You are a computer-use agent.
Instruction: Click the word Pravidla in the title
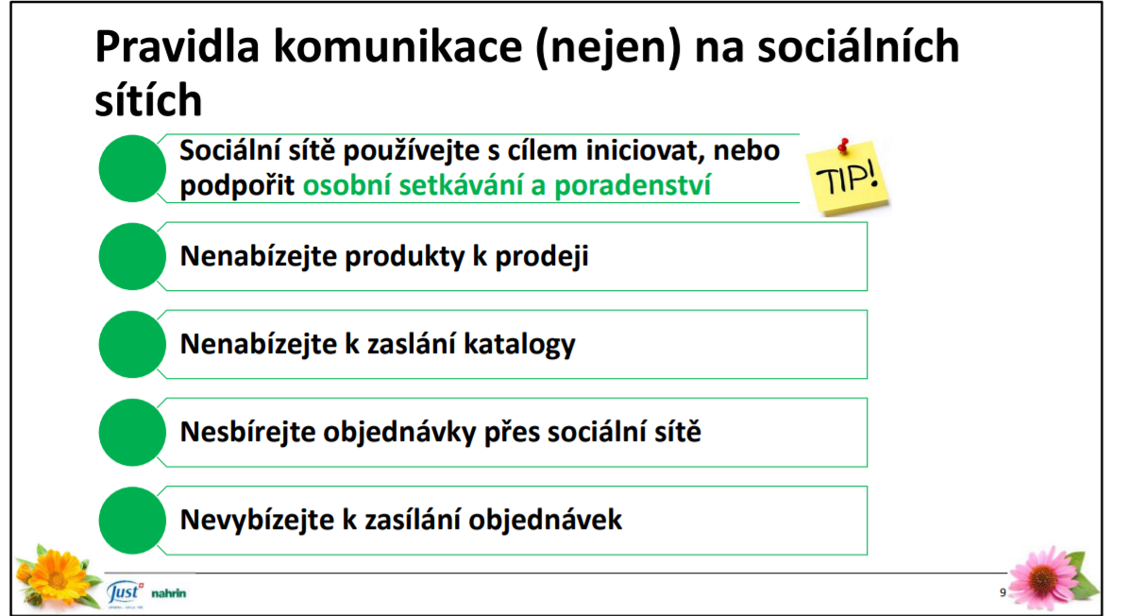pyautogui.click(x=177, y=46)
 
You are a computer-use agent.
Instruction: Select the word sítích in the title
pyautogui.click(x=148, y=99)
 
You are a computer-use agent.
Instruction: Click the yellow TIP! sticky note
pyautogui.click(x=848, y=176)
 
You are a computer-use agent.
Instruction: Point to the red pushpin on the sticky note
pyautogui.click(x=843, y=145)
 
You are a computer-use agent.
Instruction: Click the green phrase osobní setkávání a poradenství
pyautogui.click(x=507, y=185)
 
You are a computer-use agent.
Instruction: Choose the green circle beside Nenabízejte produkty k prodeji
pyautogui.click(x=132, y=256)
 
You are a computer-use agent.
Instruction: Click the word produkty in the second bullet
pyautogui.click(x=404, y=257)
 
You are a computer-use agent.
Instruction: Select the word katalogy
pyautogui.click(x=519, y=344)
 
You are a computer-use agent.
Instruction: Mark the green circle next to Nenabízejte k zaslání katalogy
pyautogui.click(x=132, y=344)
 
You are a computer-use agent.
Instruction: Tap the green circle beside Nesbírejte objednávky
pyautogui.click(x=132, y=432)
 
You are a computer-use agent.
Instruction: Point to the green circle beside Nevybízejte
pyautogui.click(x=132, y=520)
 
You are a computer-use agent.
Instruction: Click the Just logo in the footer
pyautogui.click(x=125, y=593)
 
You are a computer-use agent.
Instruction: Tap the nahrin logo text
pyautogui.click(x=169, y=593)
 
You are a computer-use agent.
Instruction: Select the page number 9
pyautogui.click(x=1003, y=593)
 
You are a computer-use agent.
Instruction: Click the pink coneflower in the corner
pyautogui.click(x=1049, y=578)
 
